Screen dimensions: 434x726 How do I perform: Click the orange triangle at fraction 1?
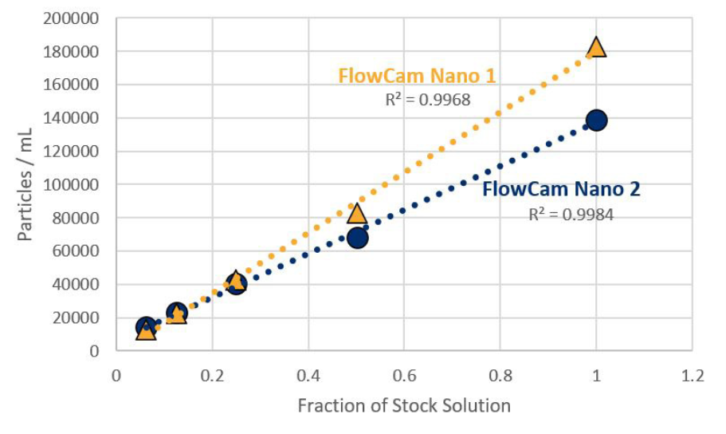tap(596, 47)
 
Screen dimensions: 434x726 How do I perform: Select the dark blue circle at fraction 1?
tap(596, 120)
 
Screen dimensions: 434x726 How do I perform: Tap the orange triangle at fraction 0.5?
tap(356, 213)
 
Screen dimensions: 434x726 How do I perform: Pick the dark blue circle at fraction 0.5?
tap(357, 238)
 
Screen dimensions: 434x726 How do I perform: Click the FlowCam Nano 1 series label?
tap(417, 76)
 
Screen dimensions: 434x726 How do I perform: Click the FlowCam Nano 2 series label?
tap(561, 190)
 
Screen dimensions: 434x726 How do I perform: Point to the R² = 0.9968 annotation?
tap(428, 100)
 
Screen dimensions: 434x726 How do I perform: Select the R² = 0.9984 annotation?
tap(571, 214)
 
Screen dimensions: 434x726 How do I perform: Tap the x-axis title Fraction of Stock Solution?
tap(404, 405)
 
